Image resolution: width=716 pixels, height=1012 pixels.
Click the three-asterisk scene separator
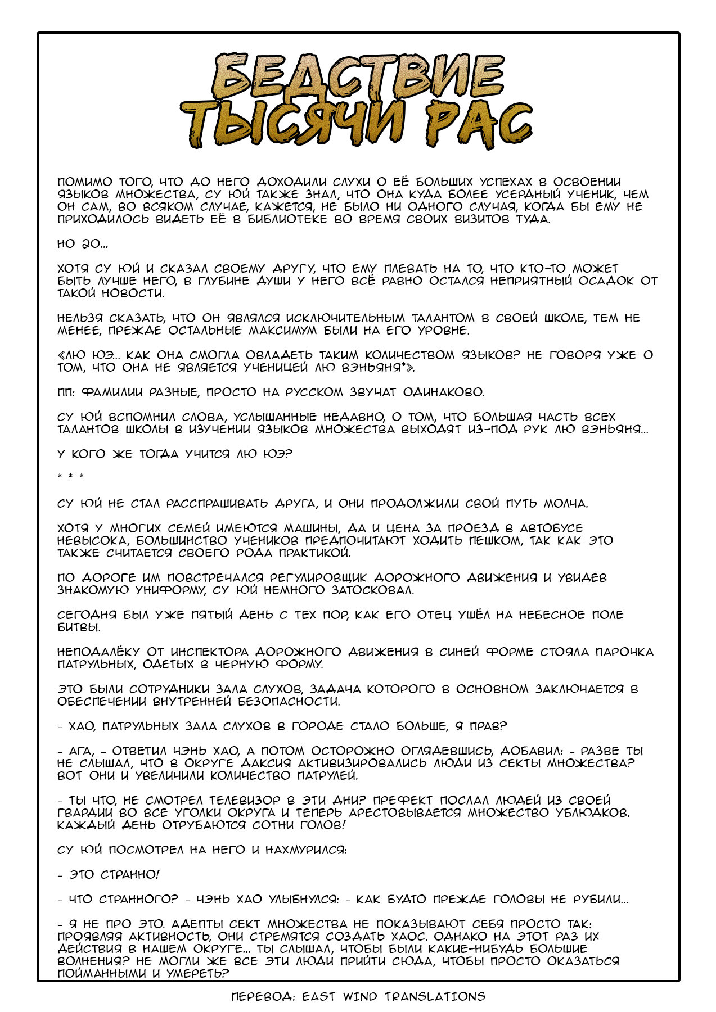(x=71, y=477)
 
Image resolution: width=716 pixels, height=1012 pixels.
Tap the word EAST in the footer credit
(x=319, y=996)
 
